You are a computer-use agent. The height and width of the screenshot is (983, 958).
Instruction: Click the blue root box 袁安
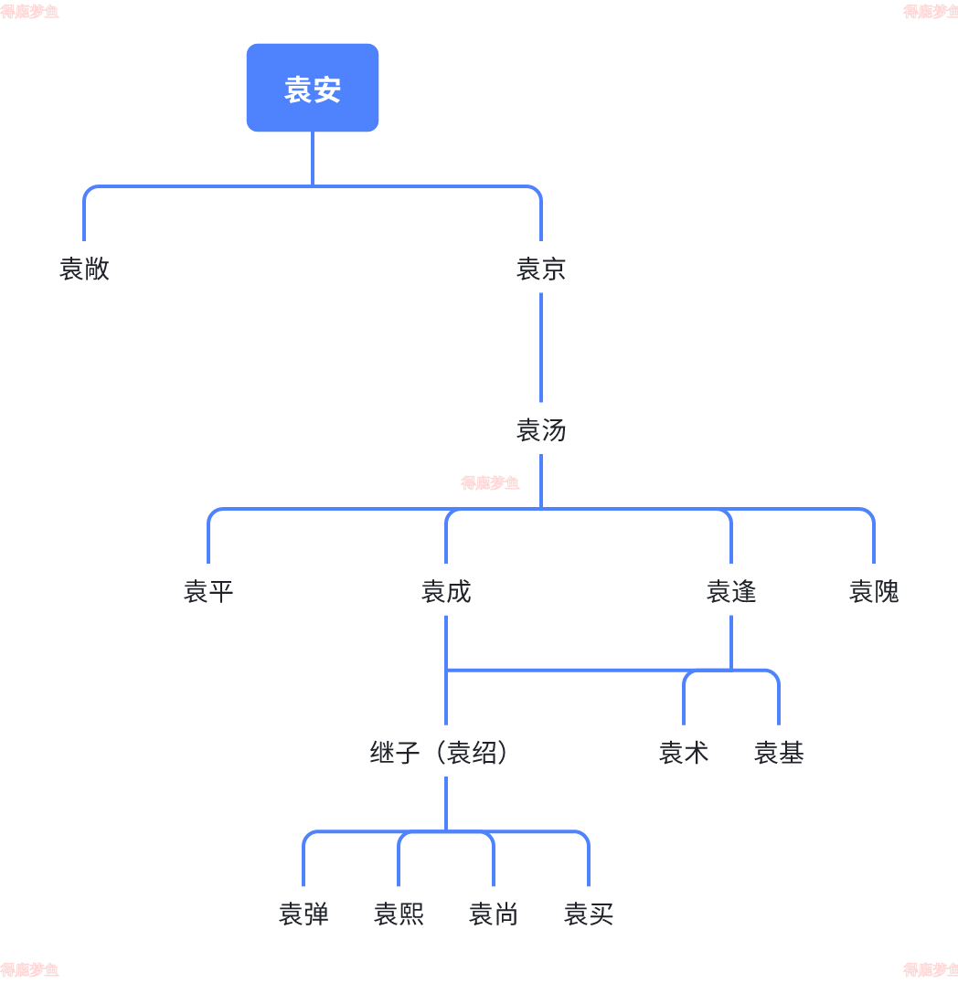[x=313, y=88]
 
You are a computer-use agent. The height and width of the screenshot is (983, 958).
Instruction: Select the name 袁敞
[x=84, y=269]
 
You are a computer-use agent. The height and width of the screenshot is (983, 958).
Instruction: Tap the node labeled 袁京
[x=541, y=269]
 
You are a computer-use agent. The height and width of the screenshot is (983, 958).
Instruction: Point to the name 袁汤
[x=541, y=429]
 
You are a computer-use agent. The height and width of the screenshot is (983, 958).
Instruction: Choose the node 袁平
[x=208, y=591]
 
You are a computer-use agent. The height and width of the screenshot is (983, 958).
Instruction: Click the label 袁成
[x=446, y=591]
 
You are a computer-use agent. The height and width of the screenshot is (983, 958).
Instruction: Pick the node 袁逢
[x=731, y=591]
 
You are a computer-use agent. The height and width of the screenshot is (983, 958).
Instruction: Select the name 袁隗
[x=874, y=591]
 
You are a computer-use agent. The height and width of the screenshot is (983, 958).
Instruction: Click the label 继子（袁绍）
[x=439, y=752]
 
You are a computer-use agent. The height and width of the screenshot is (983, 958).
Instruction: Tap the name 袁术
[x=684, y=752]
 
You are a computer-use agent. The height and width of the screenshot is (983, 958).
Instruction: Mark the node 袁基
[x=779, y=752]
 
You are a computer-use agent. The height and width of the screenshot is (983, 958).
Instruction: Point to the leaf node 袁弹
[x=303, y=914]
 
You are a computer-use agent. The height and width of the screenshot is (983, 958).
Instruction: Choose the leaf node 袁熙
[x=399, y=914]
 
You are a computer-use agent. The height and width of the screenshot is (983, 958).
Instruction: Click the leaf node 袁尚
[x=494, y=914]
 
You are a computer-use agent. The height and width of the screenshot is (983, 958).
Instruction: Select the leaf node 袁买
[x=589, y=914]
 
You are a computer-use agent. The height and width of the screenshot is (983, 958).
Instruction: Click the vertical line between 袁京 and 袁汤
[x=541, y=347]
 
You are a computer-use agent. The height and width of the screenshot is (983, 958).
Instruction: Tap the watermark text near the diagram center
[x=490, y=482]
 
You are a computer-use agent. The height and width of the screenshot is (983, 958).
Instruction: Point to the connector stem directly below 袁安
[x=313, y=158]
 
